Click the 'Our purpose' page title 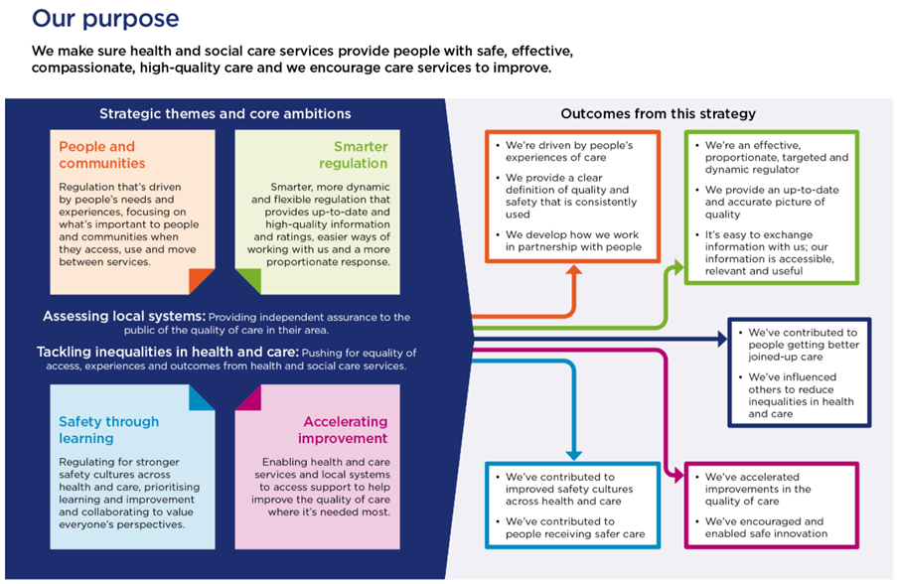(105, 18)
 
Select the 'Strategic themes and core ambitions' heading (224, 114)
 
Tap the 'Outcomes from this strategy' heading (658, 114)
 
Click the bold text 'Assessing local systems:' (122, 317)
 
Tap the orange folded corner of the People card (203, 281)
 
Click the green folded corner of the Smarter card (247, 281)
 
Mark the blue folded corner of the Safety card (203, 397)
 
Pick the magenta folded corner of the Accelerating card (247, 397)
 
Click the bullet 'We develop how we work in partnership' (573, 240)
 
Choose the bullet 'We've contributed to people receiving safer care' (574, 527)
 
